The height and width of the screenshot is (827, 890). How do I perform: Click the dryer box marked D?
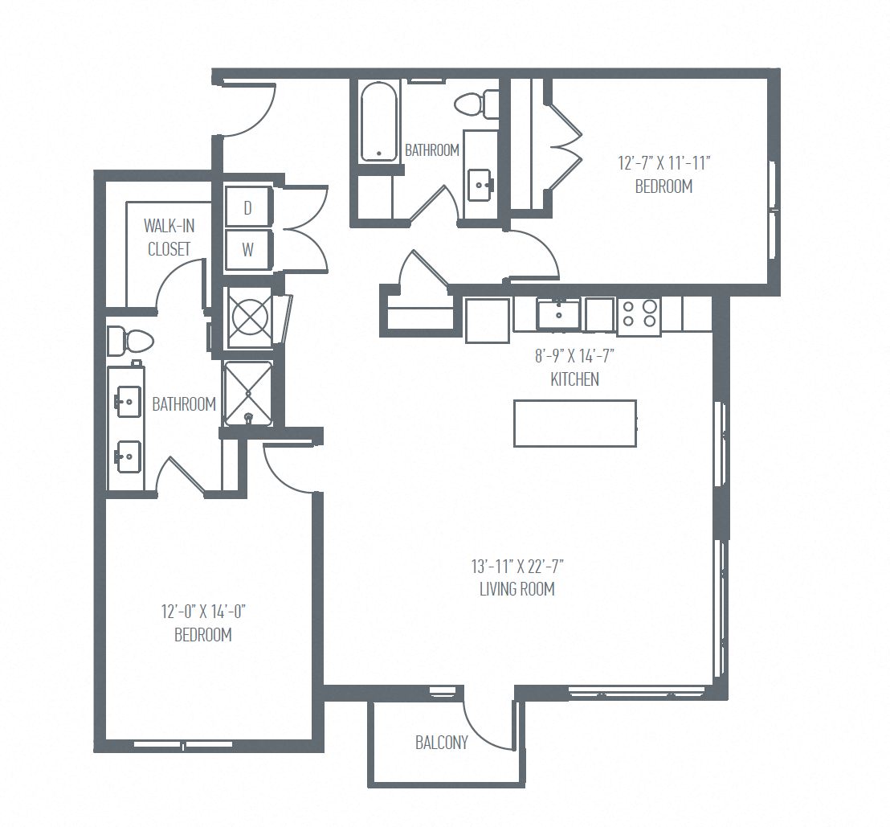[247, 208]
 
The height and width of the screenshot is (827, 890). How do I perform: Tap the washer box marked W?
[247, 250]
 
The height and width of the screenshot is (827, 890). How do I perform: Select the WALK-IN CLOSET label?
[169, 237]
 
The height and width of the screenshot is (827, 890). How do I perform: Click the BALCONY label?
[441, 743]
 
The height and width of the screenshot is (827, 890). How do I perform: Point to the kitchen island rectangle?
[575, 423]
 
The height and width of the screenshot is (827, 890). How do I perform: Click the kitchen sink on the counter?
[558, 314]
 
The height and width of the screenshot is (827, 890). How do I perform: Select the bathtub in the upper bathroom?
[379, 122]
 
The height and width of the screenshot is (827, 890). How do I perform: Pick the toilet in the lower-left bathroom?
[130, 341]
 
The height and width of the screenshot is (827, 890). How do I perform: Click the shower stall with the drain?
[248, 393]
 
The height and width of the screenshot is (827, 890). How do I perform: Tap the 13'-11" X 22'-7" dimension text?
[517, 567]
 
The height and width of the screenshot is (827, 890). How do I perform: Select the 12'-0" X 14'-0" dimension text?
[202, 612]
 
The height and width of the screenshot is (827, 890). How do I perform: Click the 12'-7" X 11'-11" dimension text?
[663, 164]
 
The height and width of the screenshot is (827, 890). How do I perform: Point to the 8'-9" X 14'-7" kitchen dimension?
[574, 355]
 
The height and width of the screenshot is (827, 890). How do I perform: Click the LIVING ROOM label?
[517, 589]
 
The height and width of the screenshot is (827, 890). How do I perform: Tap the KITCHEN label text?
[574, 379]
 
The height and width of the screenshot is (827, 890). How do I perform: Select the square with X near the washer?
[249, 317]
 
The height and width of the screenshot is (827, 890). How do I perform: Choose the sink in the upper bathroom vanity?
[480, 185]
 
